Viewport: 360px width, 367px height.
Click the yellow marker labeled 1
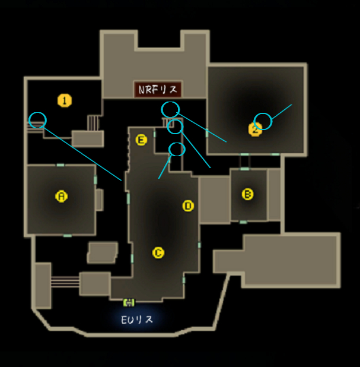pyautogui.click(x=65, y=100)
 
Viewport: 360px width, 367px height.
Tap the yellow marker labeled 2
pyautogui.click(x=255, y=129)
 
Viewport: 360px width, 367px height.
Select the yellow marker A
pyautogui.click(x=62, y=196)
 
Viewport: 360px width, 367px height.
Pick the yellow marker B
pyautogui.click(x=247, y=194)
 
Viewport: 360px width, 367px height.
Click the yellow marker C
pyautogui.click(x=158, y=253)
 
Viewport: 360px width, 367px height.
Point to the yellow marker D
pyautogui.click(x=188, y=206)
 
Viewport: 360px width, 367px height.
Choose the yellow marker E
pyautogui.click(x=141, y=140)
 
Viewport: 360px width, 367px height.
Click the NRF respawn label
pyautogui.click(x=158, y=90)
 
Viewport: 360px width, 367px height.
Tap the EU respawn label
pyautogui.click(x=137, y=319)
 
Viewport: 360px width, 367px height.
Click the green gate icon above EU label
pyautogui.click(x=129, y=302)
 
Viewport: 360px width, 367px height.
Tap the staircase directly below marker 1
pyautogui.click(x=93, y=123)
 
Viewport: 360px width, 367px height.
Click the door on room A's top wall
pyautogui.click(x=60, y=165)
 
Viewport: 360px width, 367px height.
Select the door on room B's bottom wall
pyautogui.click(x=243, y=222)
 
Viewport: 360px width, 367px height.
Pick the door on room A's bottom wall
pyautogui.click(x=68, y=235)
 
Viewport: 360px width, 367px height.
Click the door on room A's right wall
pyautogui.click(x=95, y=180)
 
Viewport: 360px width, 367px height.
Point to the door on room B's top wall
pyautogui.click(x=244, y=169)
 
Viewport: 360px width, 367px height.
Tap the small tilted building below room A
pyautogui.click(x=103, y=252)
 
